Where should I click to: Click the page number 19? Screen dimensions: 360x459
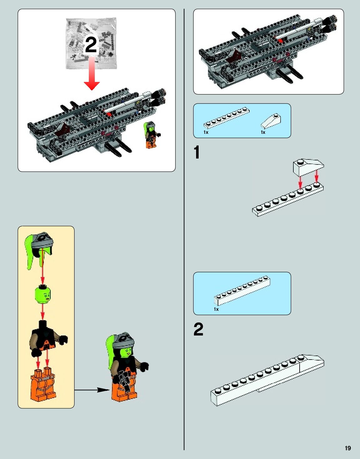tap(348, 448)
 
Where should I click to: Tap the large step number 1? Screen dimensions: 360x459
tap(197, 153)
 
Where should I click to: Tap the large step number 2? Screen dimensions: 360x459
tap(198, 330)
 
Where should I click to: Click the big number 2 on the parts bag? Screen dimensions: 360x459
tap(91, 45)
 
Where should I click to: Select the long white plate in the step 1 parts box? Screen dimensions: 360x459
tap(226, 118)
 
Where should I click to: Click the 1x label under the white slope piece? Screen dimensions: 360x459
tap(263, 132)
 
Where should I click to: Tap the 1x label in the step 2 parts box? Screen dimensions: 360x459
tap(216, 309)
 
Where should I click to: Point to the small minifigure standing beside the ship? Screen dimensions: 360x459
tap(151, 135)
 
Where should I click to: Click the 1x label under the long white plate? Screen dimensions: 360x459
tap(206, 132)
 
